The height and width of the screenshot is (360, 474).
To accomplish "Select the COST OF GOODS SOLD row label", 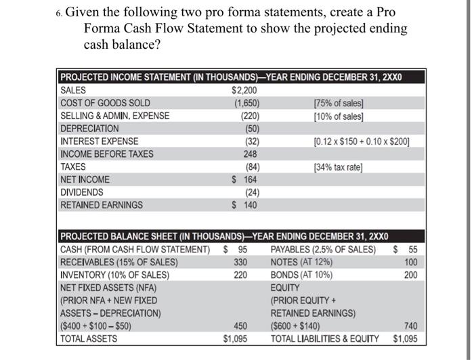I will pyautogui.click(x=106, y=103).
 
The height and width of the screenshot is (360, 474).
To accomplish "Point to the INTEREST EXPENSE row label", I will pyautogui.click(x=100, y=141).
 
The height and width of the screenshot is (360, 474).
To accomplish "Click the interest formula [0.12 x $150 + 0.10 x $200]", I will pyautogui.click(x=362, y=141).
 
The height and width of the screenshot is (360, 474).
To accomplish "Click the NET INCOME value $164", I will pyautogui.click(x=244, y=180).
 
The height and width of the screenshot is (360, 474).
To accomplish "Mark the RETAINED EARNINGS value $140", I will pyautogui.click(x=244, y=205).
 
